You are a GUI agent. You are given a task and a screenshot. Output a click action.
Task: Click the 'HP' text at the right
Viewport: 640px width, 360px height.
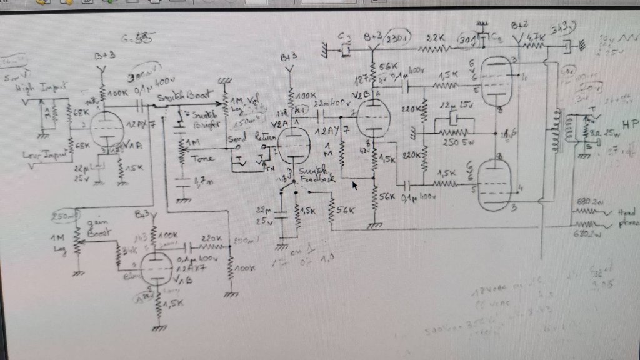click(x=628, y=122)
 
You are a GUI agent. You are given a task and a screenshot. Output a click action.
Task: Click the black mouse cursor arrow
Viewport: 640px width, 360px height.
click(x=355, y=185)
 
